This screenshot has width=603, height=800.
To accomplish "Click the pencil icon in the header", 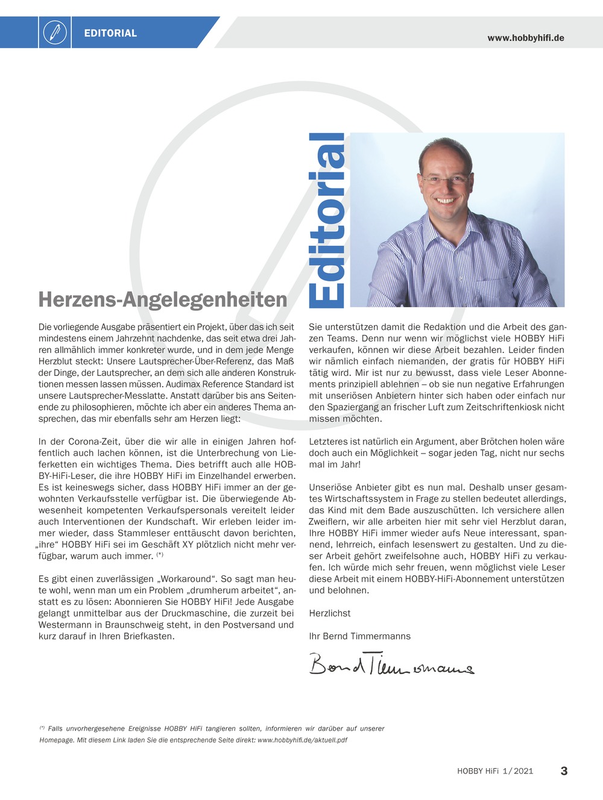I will [55, 33].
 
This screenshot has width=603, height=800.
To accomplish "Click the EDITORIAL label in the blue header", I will [110, 33].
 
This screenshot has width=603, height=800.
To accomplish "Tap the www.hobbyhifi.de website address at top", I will [526, 38].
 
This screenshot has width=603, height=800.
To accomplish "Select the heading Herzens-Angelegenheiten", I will [163, 299].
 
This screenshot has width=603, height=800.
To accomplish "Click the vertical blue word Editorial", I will [327, 219].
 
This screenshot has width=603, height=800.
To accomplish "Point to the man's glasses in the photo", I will [445, 179].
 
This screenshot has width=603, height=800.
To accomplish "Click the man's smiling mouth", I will [445, 200].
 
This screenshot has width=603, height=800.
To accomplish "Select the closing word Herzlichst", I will [330, 613].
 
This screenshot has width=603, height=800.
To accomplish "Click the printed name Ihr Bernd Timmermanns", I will [360, 636].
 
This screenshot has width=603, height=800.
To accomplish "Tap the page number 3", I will [564, 770].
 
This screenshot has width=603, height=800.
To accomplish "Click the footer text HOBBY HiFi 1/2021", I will [495, 771].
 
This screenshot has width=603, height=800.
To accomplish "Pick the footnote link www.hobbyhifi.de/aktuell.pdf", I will [302, 740].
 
